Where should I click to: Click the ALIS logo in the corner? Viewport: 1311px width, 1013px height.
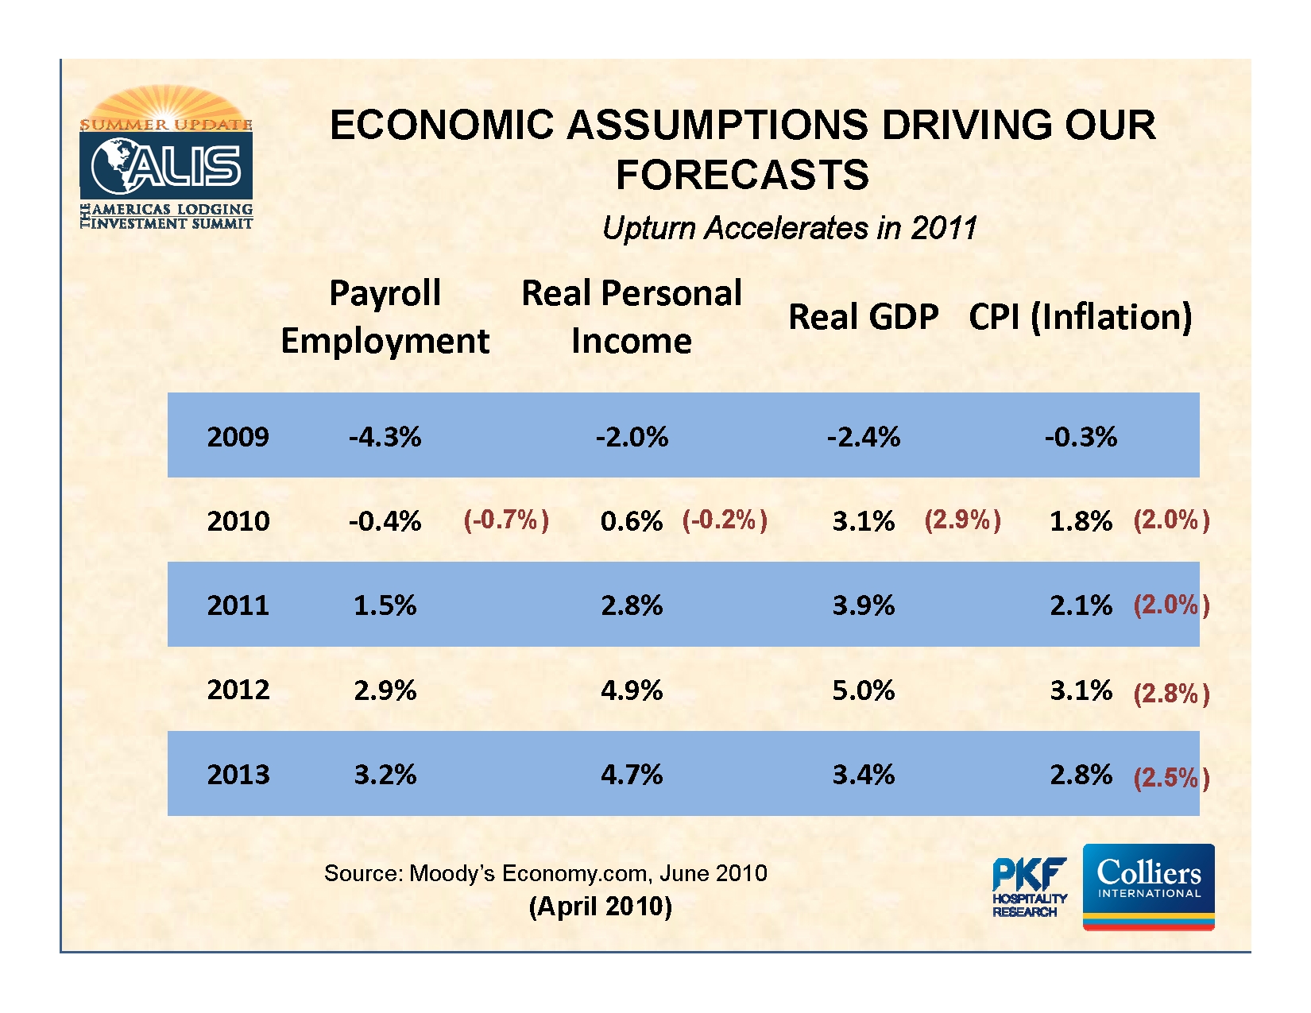(x=166, y=159)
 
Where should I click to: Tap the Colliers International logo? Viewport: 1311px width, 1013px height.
(x=1148, y=885)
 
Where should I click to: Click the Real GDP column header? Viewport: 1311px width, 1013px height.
(x=863, y=317)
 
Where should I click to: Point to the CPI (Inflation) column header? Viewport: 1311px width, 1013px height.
(x=1080, y=317)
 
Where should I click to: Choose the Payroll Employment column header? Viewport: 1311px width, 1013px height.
(x=385, y=317)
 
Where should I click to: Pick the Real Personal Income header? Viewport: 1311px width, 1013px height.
(x=632, y=317)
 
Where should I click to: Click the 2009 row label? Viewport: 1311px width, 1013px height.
(x=238, y=436)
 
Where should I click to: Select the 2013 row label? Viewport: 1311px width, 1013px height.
(x=238, y=774)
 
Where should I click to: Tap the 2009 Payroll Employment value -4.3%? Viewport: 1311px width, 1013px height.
(x=385, y=436)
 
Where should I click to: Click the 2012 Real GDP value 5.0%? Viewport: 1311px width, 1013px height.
(x=863, y=690)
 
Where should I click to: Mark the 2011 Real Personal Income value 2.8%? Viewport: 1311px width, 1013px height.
(x=632, y=605)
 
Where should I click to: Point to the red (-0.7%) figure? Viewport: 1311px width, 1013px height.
(x=506, y=520)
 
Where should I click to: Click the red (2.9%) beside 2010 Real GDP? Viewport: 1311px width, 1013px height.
(x=962, y=520)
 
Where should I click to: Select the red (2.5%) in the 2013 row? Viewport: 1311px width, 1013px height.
(x=1171, y=777)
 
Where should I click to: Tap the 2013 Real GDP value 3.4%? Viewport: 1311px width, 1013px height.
(x=863, y=774)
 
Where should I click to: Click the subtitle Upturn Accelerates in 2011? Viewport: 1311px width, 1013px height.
(x=789, y=228)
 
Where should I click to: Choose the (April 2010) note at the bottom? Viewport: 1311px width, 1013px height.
(x=601, y=906)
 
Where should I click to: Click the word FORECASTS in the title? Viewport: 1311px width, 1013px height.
(x=742, y=175)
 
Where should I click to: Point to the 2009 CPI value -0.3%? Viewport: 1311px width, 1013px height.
(x=1081, y=436)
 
